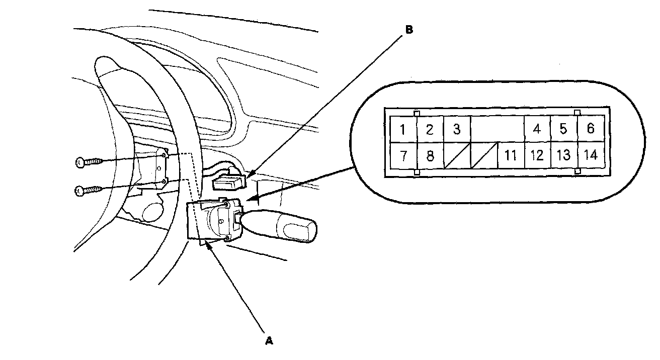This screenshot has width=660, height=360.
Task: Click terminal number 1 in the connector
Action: point(403,129)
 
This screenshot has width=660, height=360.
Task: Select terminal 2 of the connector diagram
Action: point(430,129)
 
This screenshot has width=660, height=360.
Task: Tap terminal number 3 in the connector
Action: point(456,129)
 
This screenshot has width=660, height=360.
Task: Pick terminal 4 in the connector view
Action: point(537,129)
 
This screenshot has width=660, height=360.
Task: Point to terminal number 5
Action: point(563,129)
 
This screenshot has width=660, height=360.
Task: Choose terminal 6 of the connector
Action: point(591,129)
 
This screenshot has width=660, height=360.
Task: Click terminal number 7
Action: point(403,155)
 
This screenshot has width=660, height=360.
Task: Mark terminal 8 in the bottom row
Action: point(430,155)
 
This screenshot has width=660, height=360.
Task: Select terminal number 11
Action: point(511,155)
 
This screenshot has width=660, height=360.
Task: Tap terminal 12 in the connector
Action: point(537,155)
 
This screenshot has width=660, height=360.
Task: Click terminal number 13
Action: point(564,155)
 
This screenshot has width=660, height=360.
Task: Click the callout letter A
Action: point(269,340)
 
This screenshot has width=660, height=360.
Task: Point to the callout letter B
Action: point(409,30)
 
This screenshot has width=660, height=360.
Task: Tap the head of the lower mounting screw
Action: point(78,190)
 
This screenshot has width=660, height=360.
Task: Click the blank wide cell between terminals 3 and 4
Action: point(497,129)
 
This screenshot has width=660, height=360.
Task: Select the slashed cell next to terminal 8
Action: point(457,155)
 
